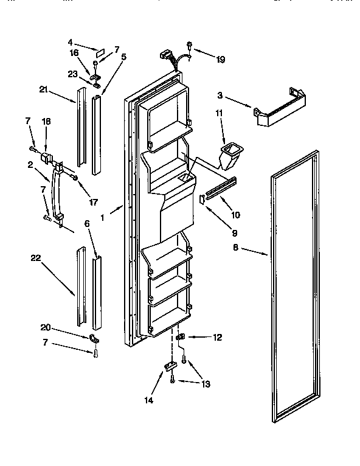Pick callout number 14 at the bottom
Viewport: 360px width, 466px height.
point(148,400)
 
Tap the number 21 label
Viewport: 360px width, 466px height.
point(43,90)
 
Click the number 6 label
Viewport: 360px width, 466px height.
point(86,223)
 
